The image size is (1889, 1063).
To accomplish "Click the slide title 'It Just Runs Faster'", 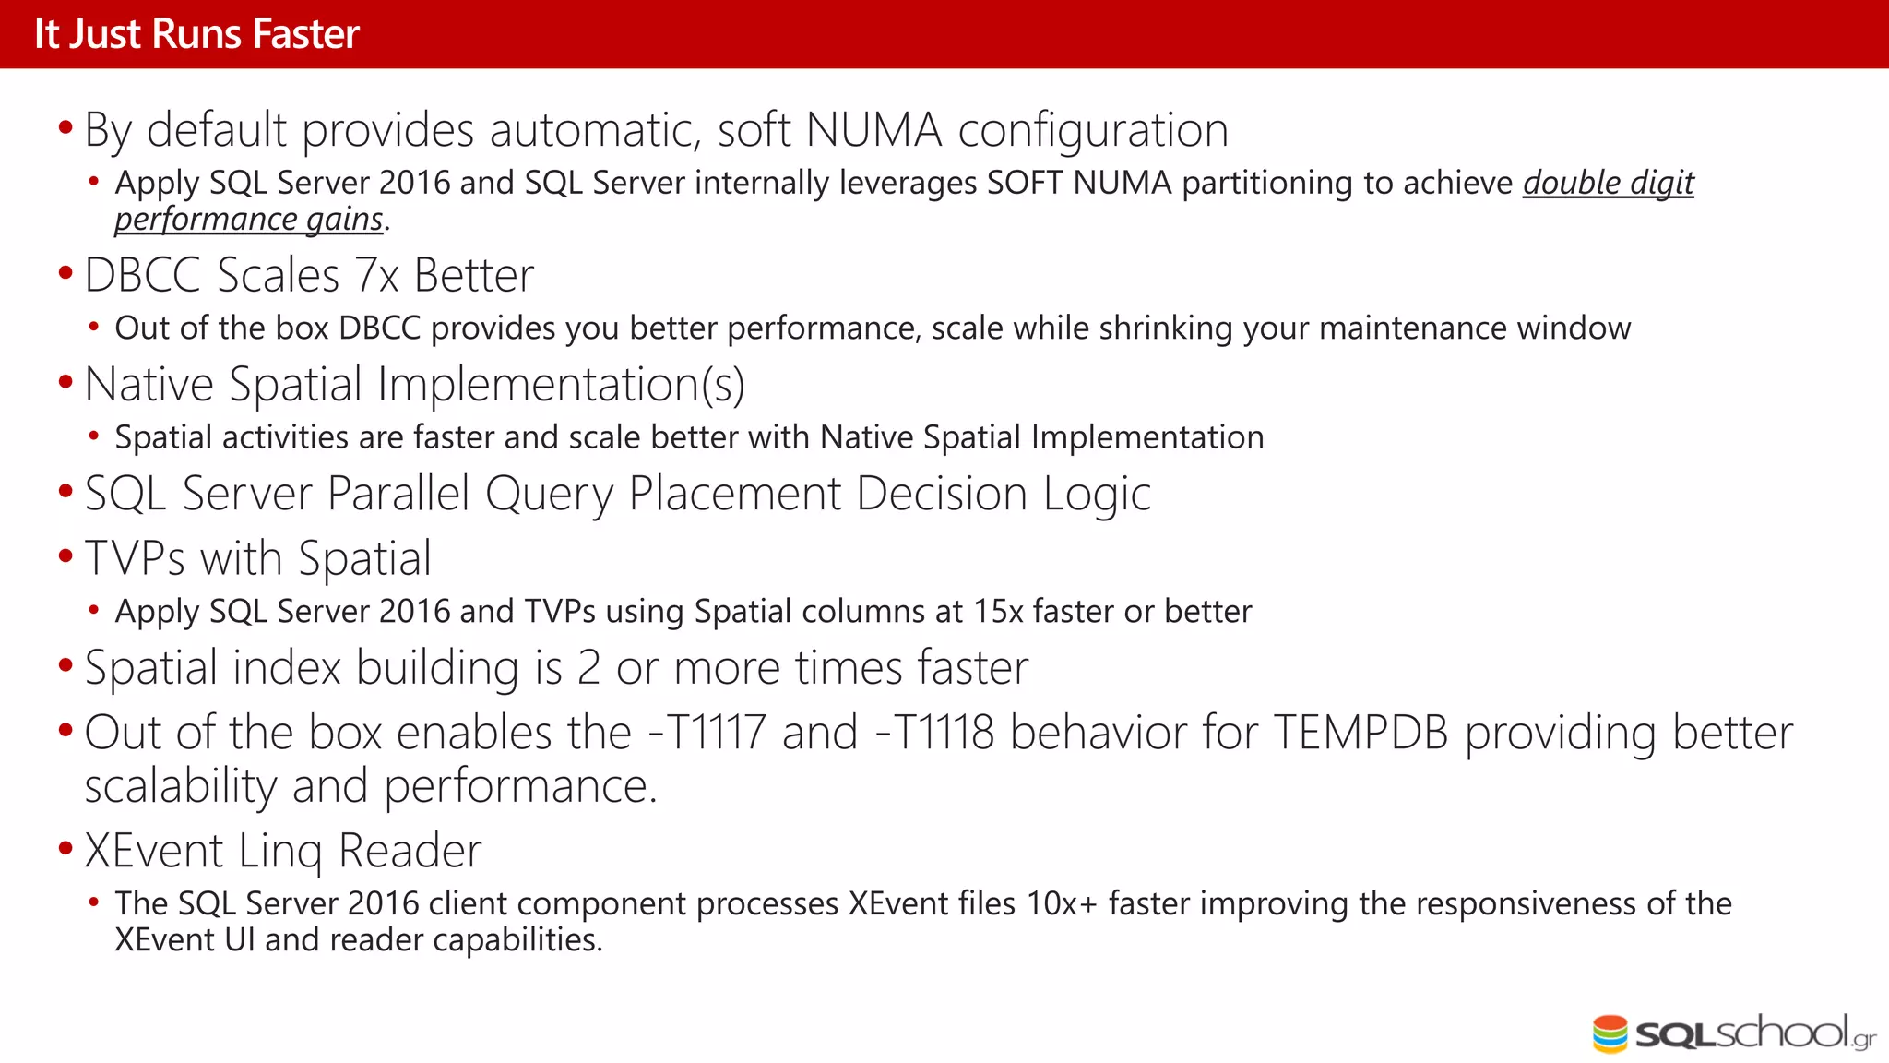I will coord(196,34).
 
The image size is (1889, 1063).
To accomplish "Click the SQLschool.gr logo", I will coord(1734,1033).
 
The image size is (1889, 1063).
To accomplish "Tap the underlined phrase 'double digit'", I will coord(1608,183).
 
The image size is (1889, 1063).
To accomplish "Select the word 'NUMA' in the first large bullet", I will coord(873,130).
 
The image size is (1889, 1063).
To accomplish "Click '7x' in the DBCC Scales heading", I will coord(376,275).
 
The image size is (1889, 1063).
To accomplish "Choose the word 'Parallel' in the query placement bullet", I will coord(398,494).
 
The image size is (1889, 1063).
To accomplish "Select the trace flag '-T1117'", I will coord(707,733).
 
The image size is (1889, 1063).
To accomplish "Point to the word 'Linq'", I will coord(280,851).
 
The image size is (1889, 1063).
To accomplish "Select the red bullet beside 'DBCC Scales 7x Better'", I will coord(65,273).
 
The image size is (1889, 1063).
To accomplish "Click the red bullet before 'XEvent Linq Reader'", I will coord(65,848).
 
